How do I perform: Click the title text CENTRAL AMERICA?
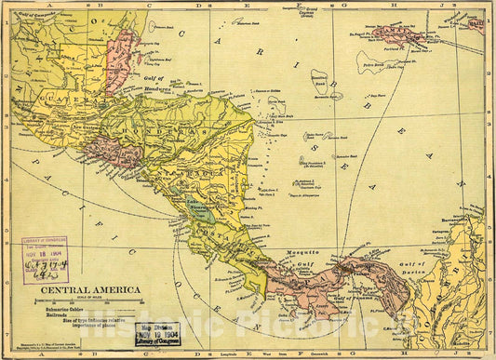(x=89, y=290)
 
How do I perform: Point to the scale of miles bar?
(x=89, y=299)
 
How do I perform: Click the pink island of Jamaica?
(x=399, y=36)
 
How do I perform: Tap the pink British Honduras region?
(x=121, y=60)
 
